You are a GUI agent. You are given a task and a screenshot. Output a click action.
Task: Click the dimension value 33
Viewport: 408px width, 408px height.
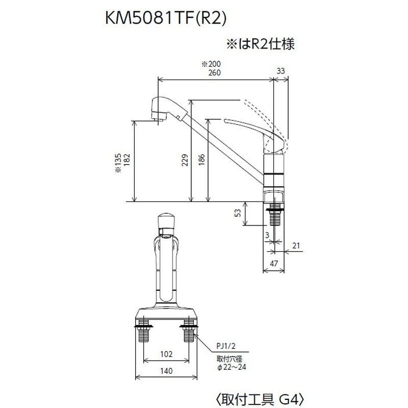point(281,71)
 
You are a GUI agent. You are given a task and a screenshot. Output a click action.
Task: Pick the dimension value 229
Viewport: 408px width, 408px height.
point(185,160)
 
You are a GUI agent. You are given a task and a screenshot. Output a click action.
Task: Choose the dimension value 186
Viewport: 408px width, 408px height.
point(202,160)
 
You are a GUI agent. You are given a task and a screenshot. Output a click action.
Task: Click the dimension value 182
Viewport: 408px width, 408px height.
point(126,162)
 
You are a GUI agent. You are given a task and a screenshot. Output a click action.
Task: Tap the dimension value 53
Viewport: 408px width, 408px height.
point(238,213)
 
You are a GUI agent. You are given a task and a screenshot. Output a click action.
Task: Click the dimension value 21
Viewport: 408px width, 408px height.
point(296,246)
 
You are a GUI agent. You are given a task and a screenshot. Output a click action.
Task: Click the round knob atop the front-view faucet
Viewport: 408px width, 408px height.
point(166,223)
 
